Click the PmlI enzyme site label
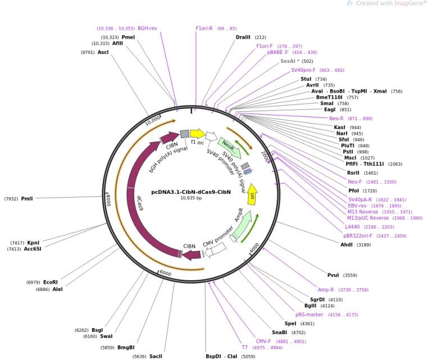pos(27,198)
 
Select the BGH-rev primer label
pos(147,28)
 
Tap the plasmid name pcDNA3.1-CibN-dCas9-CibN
pos(191,192)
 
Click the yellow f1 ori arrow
pos(198,133)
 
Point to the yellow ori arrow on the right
pos(252,194)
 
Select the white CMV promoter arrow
pos(215,252)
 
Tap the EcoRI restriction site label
pos(51,282)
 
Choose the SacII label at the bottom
pos(156,356)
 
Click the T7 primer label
pos(244,348)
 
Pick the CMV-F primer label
pos(264,341)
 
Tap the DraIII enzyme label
pos(243,37)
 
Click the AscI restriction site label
pos(103,52)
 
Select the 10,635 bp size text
pos(191,198)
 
